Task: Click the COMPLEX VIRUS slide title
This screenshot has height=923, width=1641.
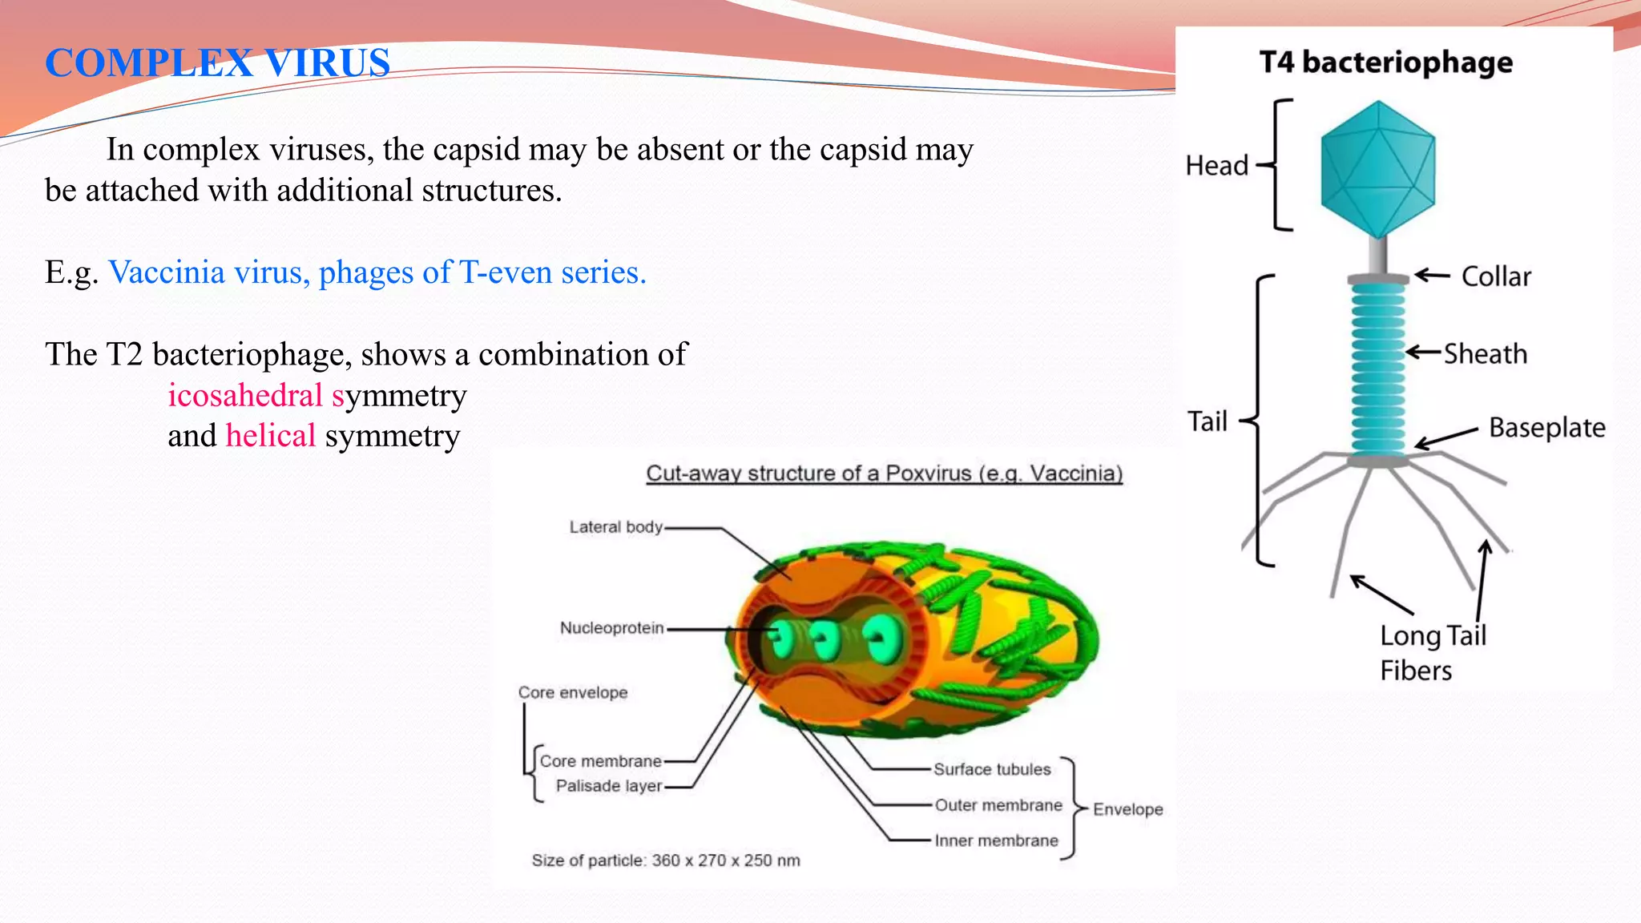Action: (217, 62)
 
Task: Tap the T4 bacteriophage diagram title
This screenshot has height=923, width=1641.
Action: (1385, 62)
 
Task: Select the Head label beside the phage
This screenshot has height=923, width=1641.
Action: (1216, 166)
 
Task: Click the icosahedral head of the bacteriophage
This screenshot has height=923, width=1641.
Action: (1377, 168)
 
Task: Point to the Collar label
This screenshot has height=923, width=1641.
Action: (1496, 276)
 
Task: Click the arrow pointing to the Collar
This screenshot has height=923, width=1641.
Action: (1432, 276)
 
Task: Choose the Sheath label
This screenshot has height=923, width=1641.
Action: (1486, 354)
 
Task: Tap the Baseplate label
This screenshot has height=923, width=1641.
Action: (1546, 428)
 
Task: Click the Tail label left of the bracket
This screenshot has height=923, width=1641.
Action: (1207, 421)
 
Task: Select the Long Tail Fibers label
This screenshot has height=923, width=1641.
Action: (1432, 653)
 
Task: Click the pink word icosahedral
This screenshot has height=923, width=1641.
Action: (245, 395)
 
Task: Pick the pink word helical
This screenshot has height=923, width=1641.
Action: (271, 436)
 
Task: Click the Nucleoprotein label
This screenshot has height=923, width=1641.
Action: (611, 628)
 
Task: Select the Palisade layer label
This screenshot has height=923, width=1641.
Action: (609, 786)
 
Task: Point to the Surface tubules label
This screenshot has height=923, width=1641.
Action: (992, 769)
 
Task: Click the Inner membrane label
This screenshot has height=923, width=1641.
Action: (996, 840)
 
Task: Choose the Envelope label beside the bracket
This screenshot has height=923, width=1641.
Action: (1127, 809)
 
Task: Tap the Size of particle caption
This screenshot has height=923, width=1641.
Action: (666, 861)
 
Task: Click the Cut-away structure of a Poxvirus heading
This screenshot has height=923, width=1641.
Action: (884, 474)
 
